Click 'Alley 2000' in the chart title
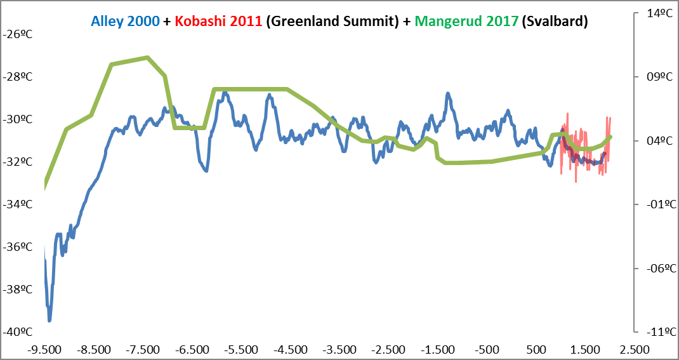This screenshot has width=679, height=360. [125, 21]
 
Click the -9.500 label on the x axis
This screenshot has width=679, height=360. [44, 349]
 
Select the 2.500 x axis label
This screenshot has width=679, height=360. [635, 349]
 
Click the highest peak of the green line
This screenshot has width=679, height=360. [147, 57]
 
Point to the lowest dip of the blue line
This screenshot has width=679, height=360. [49, 321]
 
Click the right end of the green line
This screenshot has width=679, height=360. [610, 137]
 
